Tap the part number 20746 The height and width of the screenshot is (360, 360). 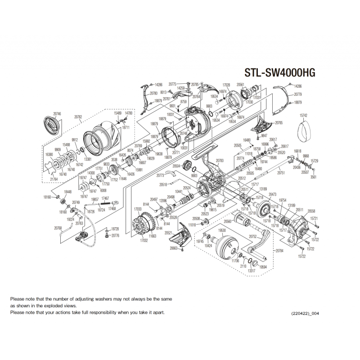pyautogui.click(x=57, y=114)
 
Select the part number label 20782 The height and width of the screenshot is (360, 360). pyautogui.click(x=78, y=117)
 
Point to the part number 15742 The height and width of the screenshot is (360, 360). pyautogui.click(x=303, y=116)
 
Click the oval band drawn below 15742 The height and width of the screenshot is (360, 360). pyautogui.click(x=304, y=131)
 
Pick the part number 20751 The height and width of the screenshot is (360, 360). pyautogui.click(x=281, y=173)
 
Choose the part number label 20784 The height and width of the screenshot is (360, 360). pyautogui.click(x=279, y=250)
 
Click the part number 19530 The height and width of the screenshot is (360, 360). pyautogui.click(x=221, y=230)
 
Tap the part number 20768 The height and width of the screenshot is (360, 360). pyautogui.click(x=58, y=228)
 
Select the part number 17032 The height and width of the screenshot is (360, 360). pyautogui.click(x=144, y=240)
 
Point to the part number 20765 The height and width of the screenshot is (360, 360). pyautogui.click(x=279, y=123)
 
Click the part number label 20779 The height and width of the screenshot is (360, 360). pyautogui.click(x=297, y=94)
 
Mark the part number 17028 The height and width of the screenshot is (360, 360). pyautogui.click(x=227, y=85)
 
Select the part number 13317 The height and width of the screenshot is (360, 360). pyautogui.click(x=252, y=271)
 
